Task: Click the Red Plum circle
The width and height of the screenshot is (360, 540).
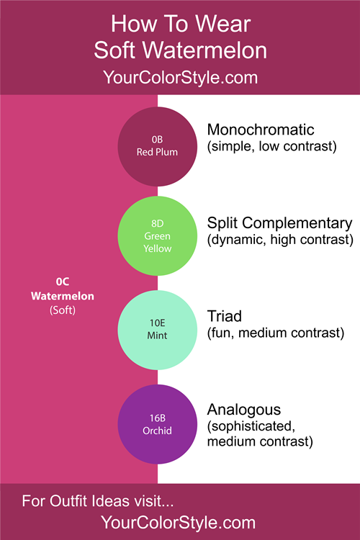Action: pyautogui.click(x=158, y=146)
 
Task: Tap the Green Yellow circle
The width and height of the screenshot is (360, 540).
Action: pyautogui.click(x=158, y=236)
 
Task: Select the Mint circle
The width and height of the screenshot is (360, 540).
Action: pyautogui.click(x=158, y=330)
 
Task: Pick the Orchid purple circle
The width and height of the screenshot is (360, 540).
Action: pyautogui.click(x=158, y=424)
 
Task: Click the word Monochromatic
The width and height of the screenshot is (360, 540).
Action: pyautogui.click(x=261, y=130)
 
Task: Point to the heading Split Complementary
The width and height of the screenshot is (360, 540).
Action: pyautogui.click(x=280, y=223)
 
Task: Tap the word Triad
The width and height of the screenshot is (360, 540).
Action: pyautogui.click(x=224, y=316)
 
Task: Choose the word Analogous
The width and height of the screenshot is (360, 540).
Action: pyautogui.click(x=244, y=410)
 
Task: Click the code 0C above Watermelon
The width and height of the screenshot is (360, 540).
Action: pyautogui.click(x=63, y=282)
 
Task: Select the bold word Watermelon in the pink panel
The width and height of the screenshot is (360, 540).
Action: pyautogui.click(x=63, y=296)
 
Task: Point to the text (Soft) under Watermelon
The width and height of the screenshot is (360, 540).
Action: pyautogui.click(x=63, y=310)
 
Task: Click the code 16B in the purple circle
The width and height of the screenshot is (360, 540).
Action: pyautogui.click(x=158, y=418)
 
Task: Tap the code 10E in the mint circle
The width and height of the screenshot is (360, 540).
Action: pyautogui.click(x=158, y=323)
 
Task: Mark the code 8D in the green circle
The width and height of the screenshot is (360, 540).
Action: pyautogui.click(x=158, y=223)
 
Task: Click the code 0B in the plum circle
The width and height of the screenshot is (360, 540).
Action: pyautogui.click(x=158, y=140)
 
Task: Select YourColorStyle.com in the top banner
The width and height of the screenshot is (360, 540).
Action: pyautogui.click(x=180, y=78)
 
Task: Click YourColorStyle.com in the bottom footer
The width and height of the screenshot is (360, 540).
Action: pyautogui.click(x=178, y=523)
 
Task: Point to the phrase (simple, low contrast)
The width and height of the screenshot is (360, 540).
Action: pyautogui.click(x=272, y=146)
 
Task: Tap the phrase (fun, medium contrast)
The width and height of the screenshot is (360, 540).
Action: pyautogui.click(x=276, y=333)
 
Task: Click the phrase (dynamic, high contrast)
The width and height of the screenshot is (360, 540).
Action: pyautogui.click(x=280, y=240)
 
